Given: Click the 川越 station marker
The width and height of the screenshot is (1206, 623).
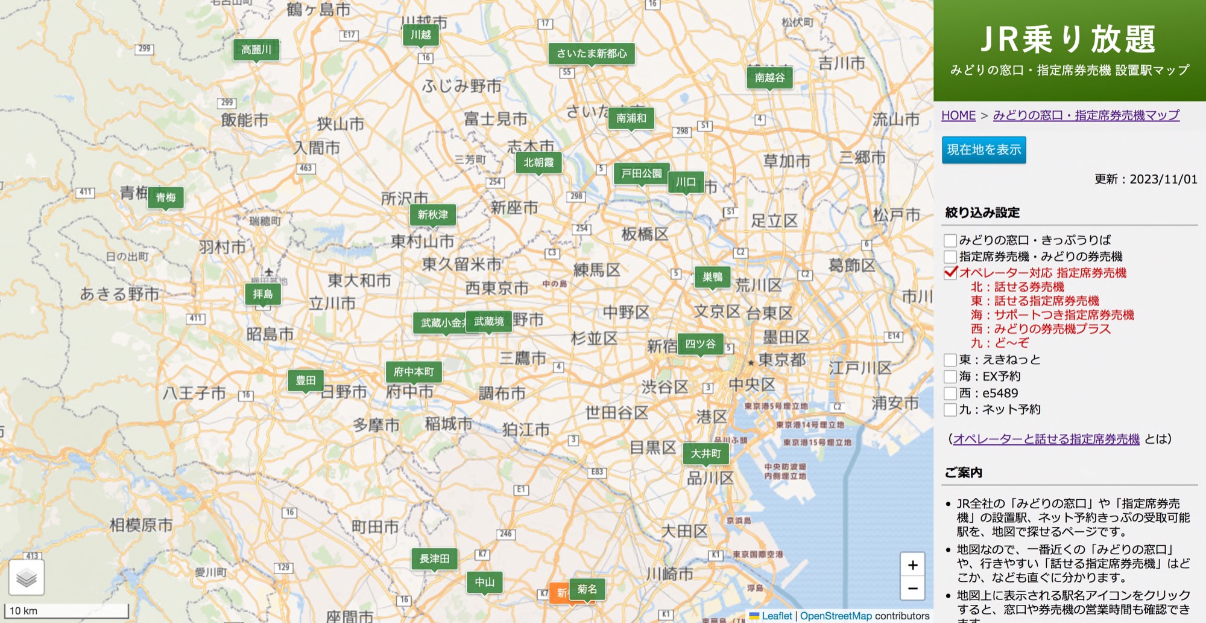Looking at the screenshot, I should point(421,36).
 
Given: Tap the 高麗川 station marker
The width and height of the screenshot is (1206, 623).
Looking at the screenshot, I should point(256,50).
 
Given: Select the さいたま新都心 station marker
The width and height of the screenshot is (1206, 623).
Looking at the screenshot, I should point(592,54).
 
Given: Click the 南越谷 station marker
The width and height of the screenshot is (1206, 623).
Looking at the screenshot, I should point(770,78).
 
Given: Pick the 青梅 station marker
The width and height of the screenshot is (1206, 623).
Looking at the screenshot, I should point(166,198).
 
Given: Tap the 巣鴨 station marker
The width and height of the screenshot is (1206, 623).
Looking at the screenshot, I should point(712,278).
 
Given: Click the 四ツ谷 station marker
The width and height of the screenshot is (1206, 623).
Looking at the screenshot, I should point(700,345).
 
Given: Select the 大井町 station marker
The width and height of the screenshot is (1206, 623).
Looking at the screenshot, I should point(706,454).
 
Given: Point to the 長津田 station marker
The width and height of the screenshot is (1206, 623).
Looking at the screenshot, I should point(434,560).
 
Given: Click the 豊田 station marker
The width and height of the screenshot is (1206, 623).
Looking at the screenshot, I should point(306,381).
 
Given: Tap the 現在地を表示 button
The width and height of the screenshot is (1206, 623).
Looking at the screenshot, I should point(983,150).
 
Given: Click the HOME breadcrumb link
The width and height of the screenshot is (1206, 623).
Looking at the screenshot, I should point(958,115).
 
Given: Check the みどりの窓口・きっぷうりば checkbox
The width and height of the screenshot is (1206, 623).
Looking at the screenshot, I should point(950,240).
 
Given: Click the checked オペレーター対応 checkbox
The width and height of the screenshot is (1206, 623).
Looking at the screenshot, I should point(950,273).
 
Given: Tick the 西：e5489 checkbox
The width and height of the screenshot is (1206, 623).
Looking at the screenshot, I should point(950,394).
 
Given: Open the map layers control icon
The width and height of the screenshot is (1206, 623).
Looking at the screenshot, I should point(27,578).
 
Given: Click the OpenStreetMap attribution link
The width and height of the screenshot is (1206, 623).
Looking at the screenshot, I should point(835,616).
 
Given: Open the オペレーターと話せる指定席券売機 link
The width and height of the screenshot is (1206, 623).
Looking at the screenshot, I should point(1046,439).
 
